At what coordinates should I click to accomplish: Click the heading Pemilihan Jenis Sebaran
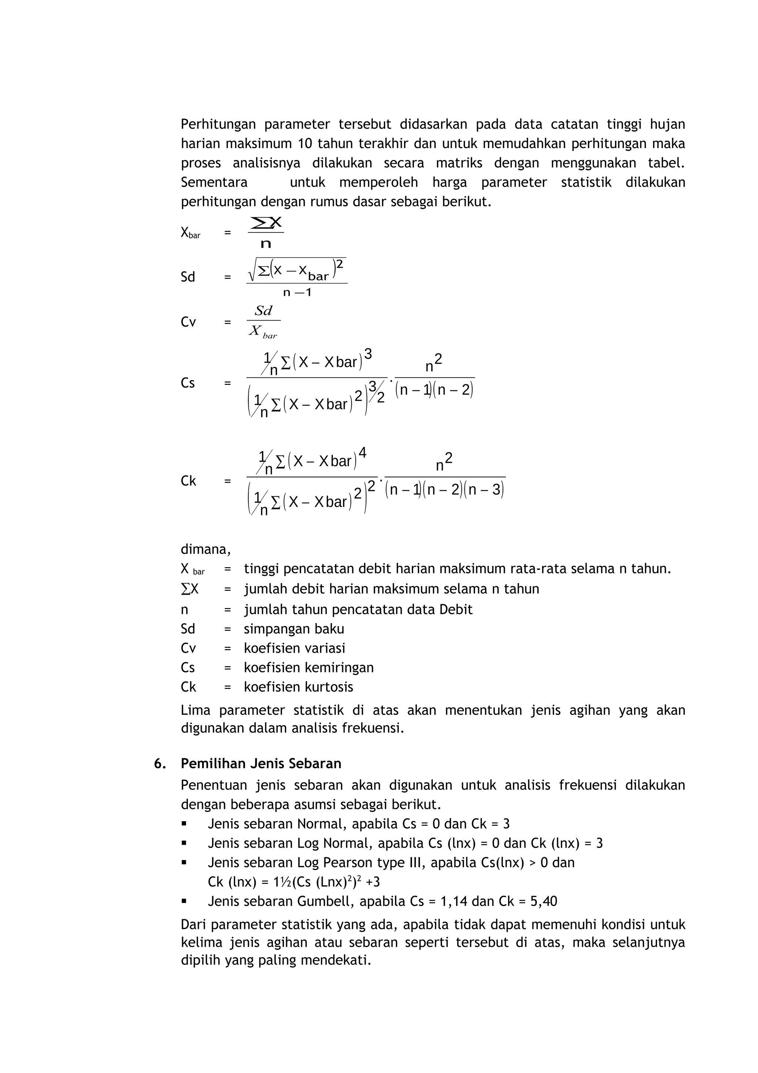point(261,763)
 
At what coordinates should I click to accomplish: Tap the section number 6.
point(160,763)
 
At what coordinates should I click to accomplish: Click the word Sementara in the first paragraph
point(214,182)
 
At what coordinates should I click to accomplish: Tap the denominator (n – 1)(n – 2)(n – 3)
point(445,490)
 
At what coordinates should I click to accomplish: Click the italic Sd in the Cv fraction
point(264,311)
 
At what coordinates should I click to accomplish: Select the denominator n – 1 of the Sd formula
point(297,293)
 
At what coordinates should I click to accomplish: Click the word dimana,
point(205,549)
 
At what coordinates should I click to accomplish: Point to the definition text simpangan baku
point(294,629)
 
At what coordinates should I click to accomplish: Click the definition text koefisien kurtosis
point(298,686)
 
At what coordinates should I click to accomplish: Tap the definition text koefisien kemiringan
point(309,667)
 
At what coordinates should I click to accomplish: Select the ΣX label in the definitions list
point(189,589)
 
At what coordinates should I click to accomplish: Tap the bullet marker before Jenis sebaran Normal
point(184,824)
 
